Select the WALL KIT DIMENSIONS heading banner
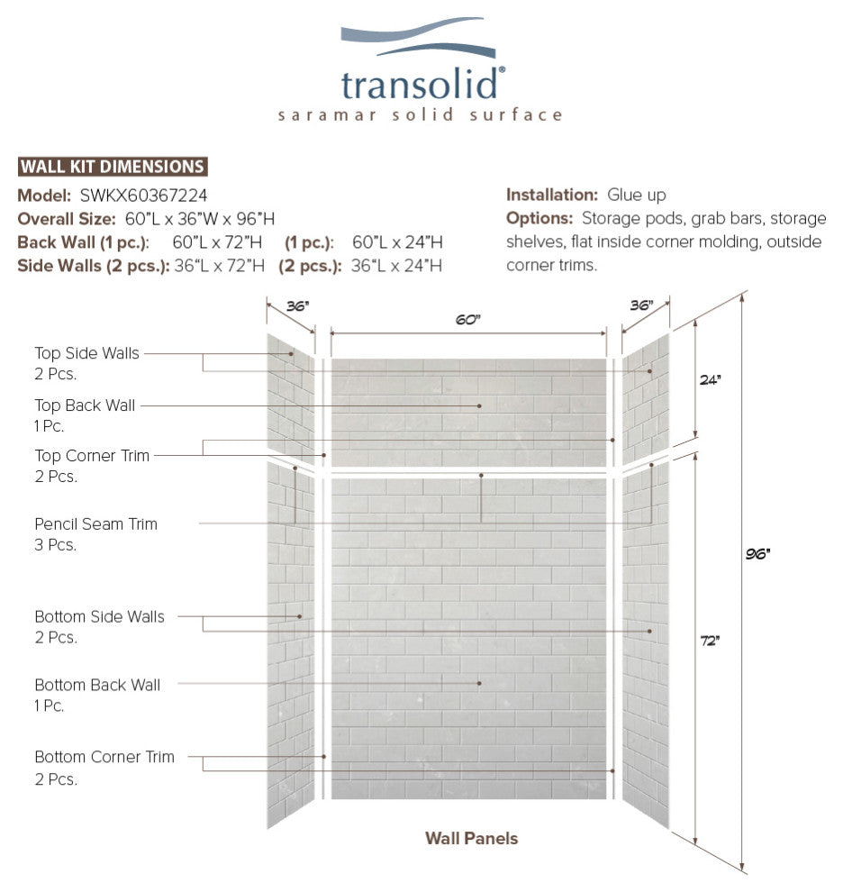pos(113,167)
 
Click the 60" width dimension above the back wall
pos(467,320)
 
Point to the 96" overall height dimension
pos(757,553)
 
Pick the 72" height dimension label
pos(710,641)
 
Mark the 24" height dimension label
pos(710,380)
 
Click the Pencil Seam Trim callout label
pos(95,523)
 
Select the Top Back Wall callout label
pos(85,405)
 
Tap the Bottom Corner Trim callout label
pos(104,757)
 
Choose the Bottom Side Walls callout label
pos(99,617)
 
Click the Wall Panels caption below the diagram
pos(471,838)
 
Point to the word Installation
pos(552,195)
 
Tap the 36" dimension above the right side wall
pos(641,305)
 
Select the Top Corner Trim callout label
pos(92,456)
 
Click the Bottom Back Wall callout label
pos(97,685)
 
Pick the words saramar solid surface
pos(421,115)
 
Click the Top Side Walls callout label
pos(86,353)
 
